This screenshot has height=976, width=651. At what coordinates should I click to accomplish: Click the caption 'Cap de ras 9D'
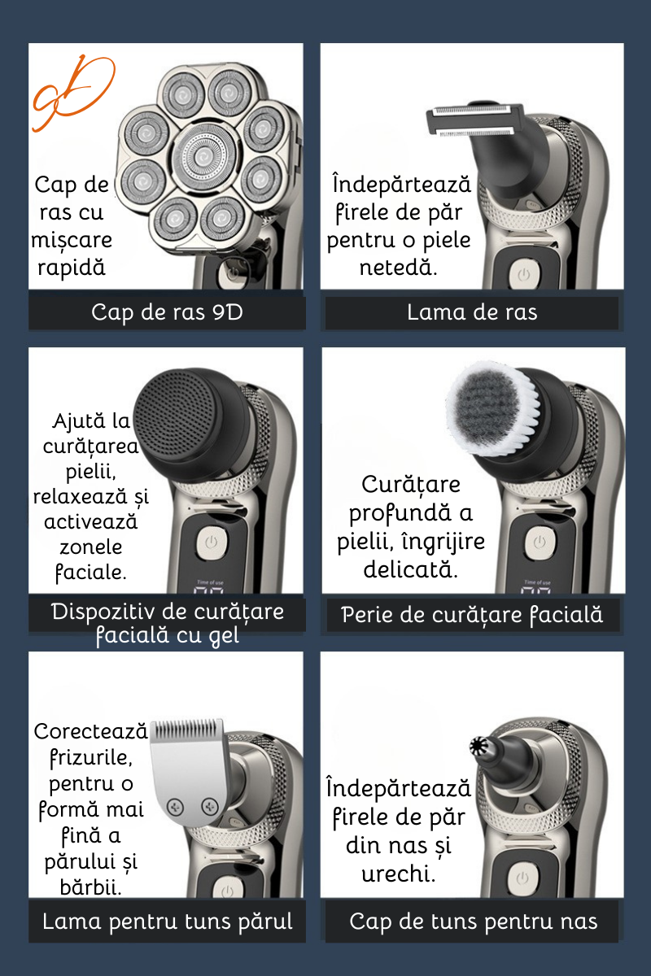[x=167, y=312]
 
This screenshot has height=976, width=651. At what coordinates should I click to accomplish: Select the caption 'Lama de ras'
[x=472, y=312]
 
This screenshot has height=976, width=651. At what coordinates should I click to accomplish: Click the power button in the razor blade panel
[x=524, y=275]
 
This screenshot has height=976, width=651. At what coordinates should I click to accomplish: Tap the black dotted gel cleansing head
[x=187, y=416]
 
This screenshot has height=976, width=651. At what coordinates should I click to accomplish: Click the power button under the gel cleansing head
[x=212, y=543]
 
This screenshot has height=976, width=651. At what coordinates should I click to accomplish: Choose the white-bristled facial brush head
[x=492, y=408]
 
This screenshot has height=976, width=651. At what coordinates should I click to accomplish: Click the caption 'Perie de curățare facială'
[x=472, y=615]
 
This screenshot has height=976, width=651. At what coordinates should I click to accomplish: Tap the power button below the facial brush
[x=540, y=543]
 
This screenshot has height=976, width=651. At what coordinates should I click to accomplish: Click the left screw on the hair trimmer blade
[x=175, y=807]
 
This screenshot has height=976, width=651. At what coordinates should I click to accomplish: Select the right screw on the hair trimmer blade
[x=210, y=806]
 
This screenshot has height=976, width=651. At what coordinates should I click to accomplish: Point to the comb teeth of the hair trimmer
[x=187, y=729]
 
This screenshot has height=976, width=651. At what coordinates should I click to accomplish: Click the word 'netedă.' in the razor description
[x=398, y=267]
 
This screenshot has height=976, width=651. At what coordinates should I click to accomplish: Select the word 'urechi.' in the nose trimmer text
[x=399, y=874]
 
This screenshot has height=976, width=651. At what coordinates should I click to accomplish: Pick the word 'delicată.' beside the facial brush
[x=411, y=569]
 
